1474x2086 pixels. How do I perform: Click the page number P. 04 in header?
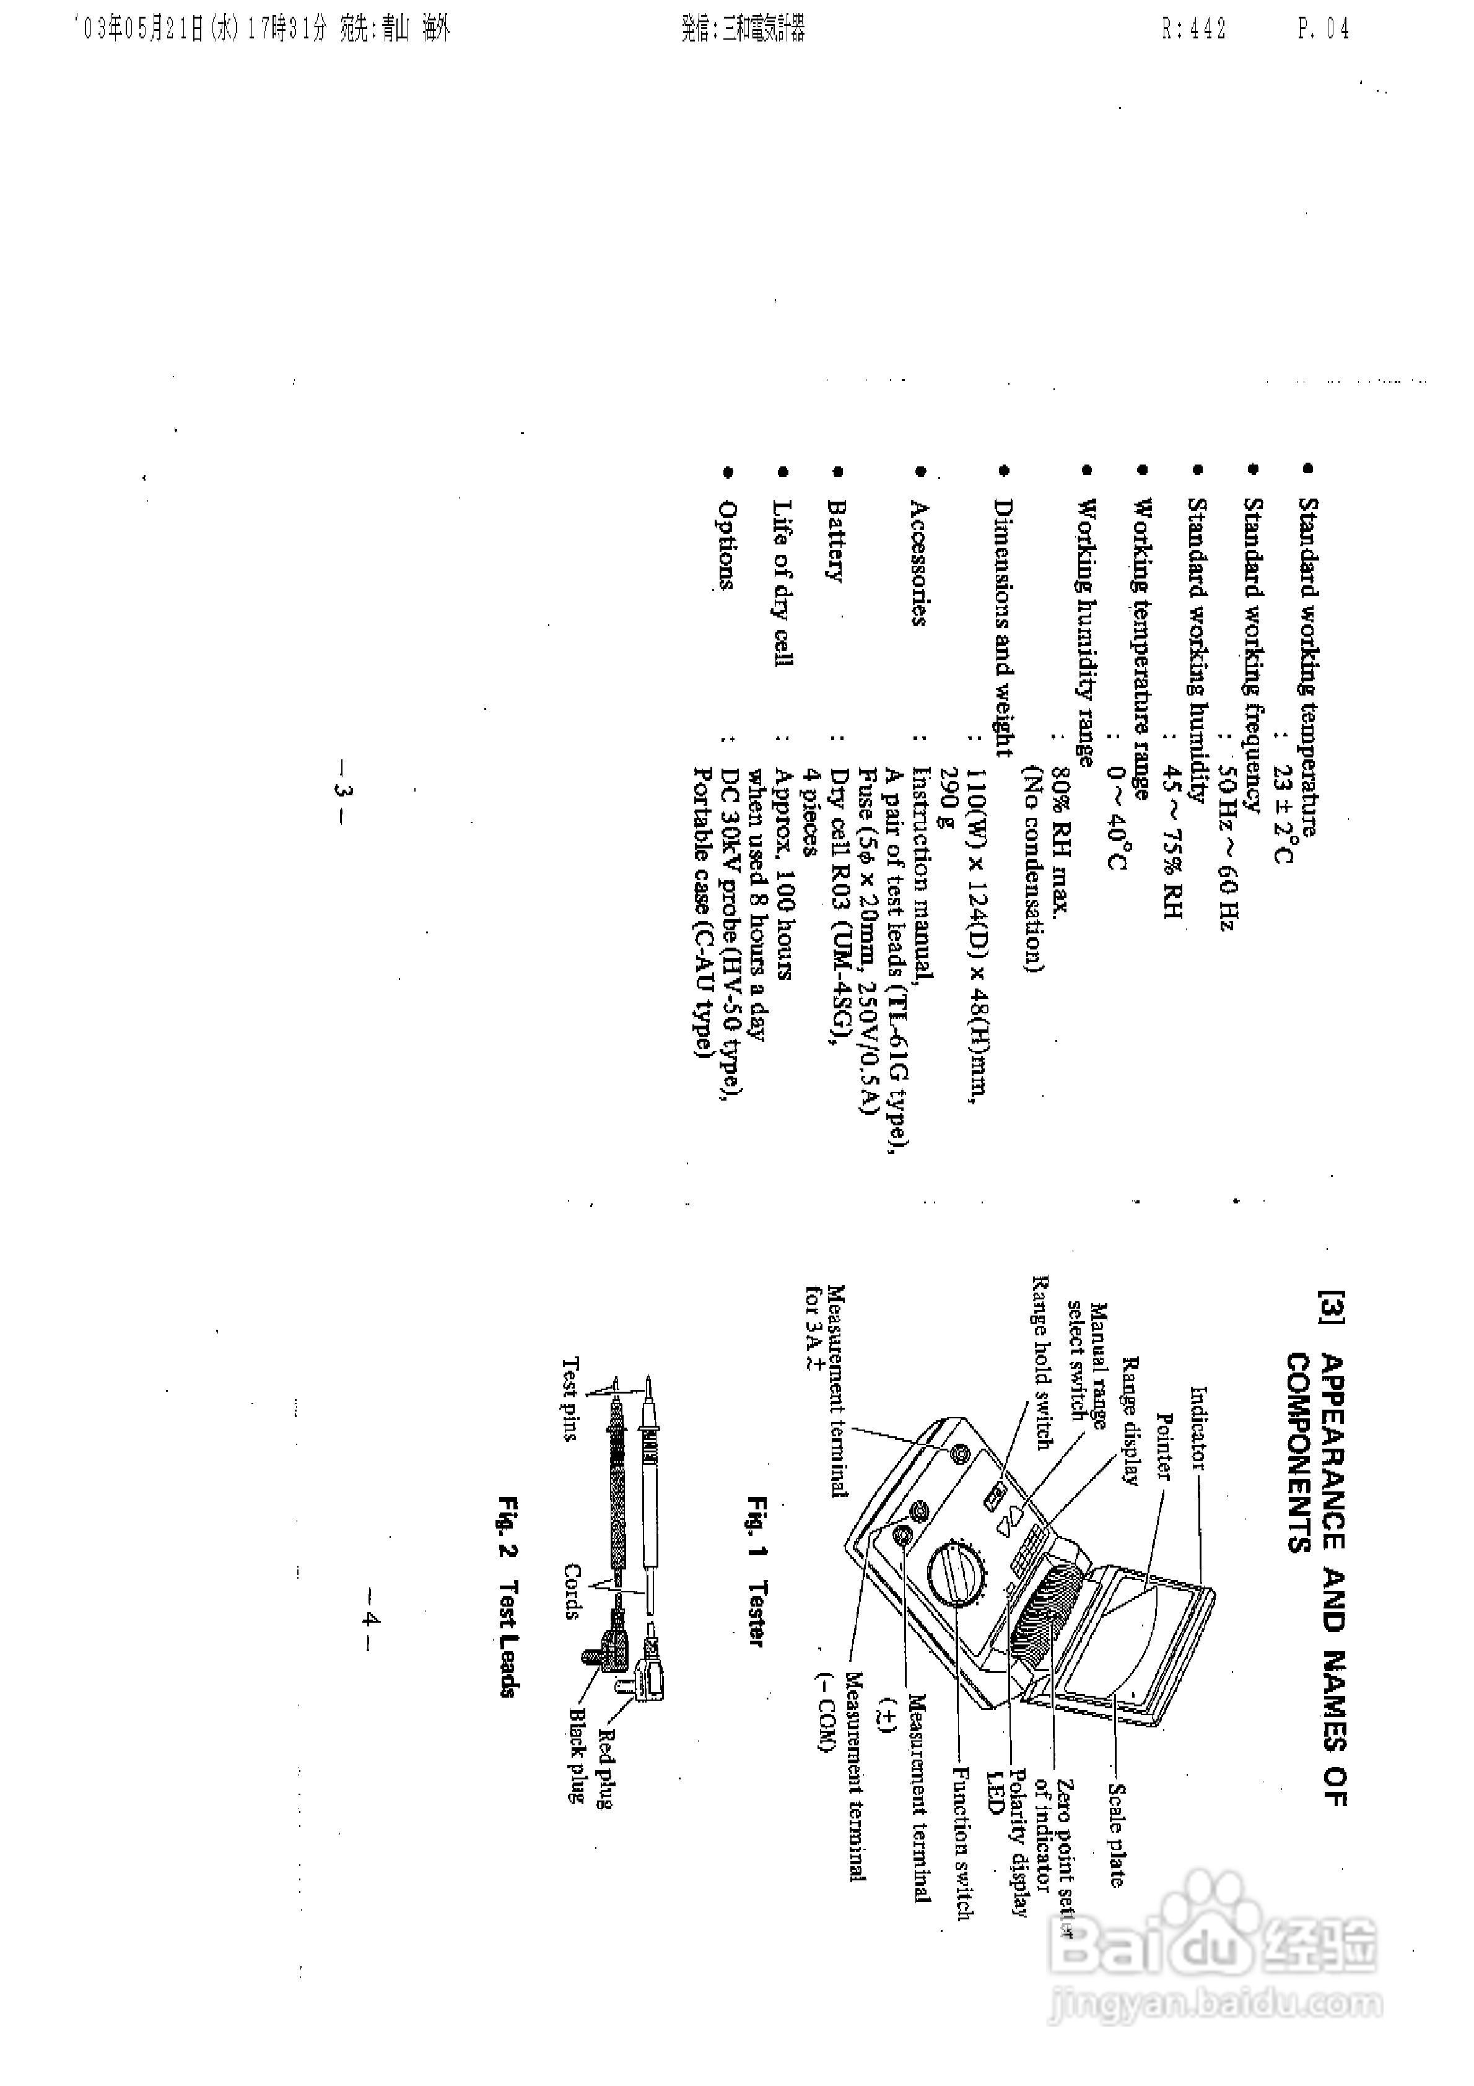[1322, 29]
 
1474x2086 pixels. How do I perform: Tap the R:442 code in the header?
[1193, 29]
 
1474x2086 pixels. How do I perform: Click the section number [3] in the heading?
[1332, 1306]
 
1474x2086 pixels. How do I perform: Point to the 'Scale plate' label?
[1116, 1835]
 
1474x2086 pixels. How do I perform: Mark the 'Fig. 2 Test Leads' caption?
[507, 1594]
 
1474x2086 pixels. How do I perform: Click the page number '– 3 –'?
[342, 790]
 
